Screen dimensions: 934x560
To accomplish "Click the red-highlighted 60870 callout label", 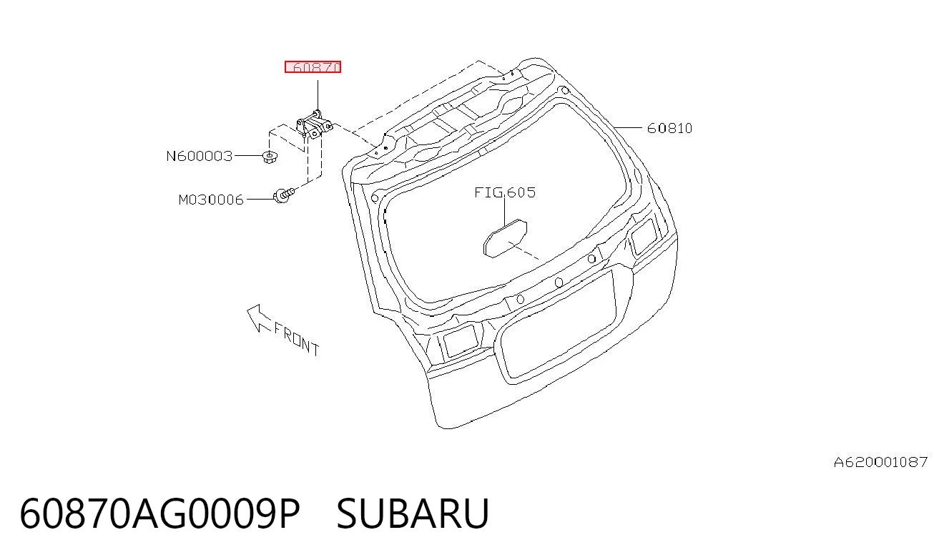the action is click(x=313, y=67).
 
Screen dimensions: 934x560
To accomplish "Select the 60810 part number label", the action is click(x=669, y=128).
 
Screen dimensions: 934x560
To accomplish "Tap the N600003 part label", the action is click(x=200, y=156).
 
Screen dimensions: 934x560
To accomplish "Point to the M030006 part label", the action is click(x=210, y=200).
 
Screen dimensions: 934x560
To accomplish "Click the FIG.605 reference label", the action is click(x=505, y=192).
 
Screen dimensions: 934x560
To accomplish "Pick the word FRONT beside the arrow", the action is click(x=297, y=340).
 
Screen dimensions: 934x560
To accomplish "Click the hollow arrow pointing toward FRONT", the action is click(x=258, y=318).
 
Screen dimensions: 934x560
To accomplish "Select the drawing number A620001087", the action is click(x=880, y=462).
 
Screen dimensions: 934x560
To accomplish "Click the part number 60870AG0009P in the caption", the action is click(x=159, y=514).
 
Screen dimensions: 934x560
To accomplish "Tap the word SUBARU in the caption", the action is click(x=413, y=514).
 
